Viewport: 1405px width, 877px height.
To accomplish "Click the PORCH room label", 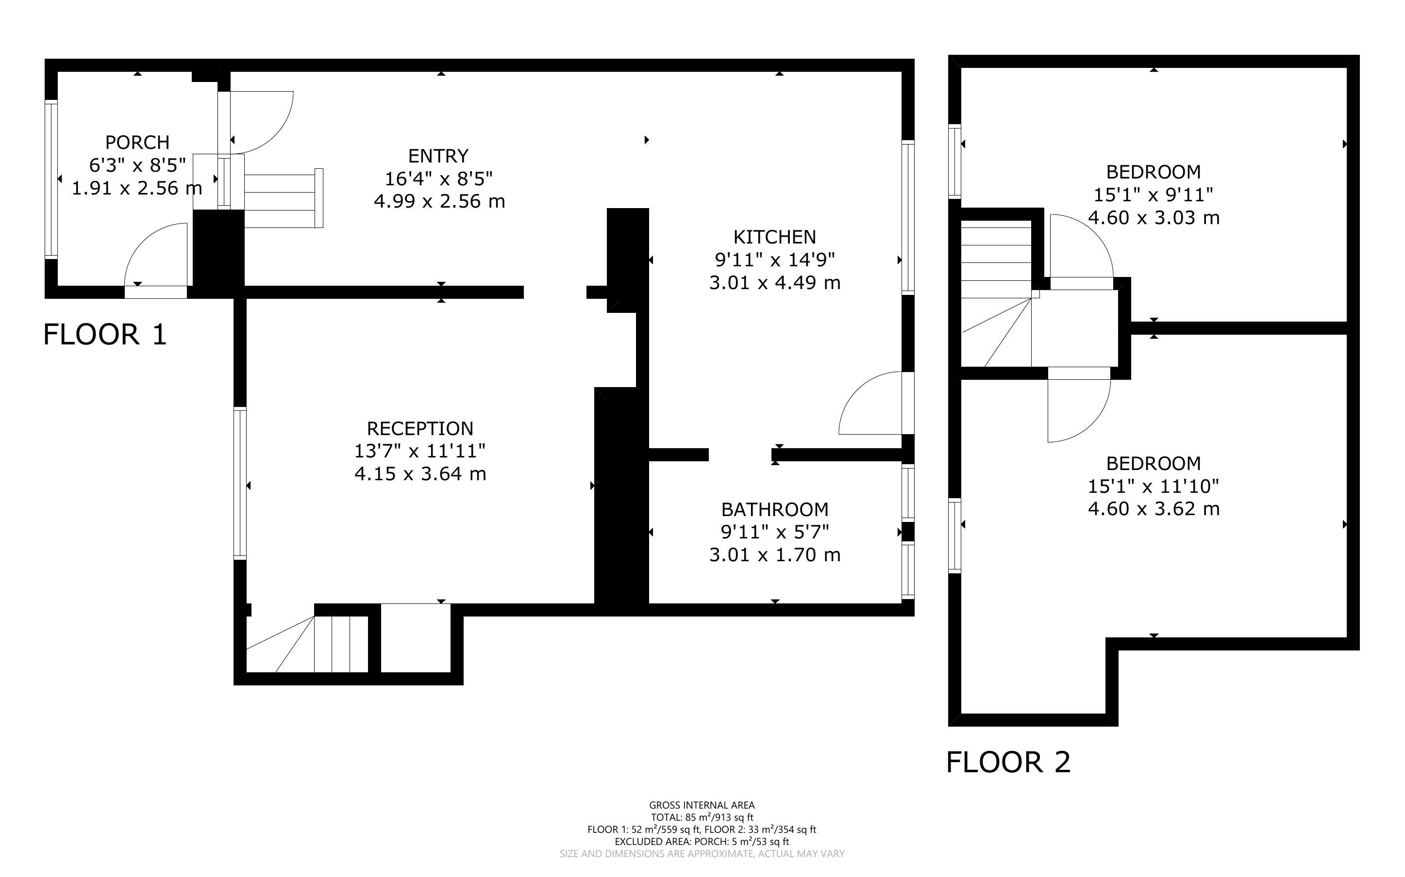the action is pos(137,142).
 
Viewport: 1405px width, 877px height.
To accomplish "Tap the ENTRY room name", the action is pos(438,156).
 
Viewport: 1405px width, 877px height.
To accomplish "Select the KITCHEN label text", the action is pos(775,237).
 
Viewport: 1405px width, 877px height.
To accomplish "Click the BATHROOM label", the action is pos(775,509).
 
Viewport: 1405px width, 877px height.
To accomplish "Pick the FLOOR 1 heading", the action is pos(105,335).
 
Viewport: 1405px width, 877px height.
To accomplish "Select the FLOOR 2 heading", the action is pos(1008,762).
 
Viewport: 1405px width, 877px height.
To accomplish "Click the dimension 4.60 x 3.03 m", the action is pos(1154,217).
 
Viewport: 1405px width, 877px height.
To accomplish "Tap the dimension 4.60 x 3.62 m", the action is pos(1154,509).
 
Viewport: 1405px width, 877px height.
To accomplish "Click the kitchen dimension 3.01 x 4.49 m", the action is pos(775,282).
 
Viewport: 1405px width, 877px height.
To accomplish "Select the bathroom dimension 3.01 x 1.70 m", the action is pos(775,554).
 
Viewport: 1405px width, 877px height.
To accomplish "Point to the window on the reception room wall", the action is pos(240,483).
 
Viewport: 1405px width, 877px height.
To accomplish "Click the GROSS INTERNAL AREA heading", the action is pos(702,805).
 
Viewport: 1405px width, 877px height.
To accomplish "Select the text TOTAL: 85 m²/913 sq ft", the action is pos(702,817).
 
